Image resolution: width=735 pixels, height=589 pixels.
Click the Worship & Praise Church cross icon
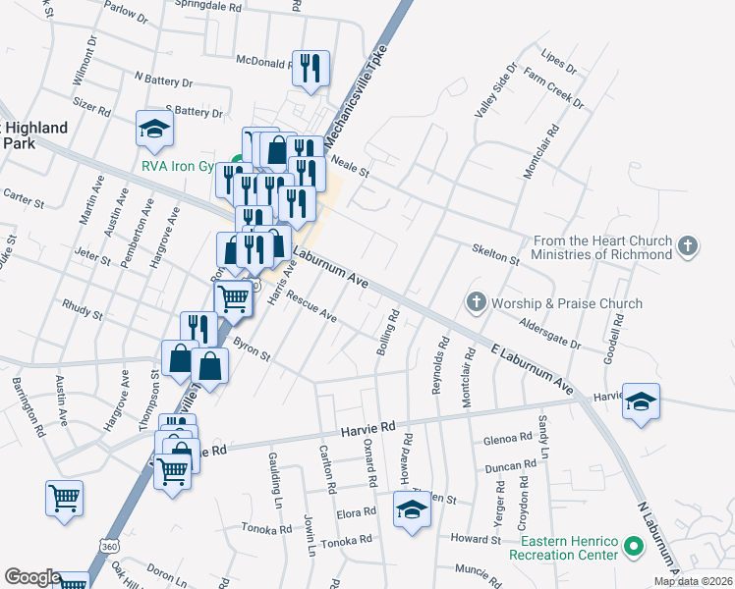477,302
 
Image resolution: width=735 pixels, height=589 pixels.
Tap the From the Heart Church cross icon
688,245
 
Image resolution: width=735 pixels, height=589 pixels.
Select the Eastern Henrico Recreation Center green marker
635,547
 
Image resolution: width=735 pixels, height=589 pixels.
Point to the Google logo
32,577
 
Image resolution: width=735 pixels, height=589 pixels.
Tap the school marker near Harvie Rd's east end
641,402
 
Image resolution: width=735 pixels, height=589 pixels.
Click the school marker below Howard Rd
412,509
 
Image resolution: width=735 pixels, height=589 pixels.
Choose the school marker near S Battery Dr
154,128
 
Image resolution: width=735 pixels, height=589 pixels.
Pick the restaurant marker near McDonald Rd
311,68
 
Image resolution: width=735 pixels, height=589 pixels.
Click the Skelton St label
495,259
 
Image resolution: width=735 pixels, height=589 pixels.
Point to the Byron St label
252,350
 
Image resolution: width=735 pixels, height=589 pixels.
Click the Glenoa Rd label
507,442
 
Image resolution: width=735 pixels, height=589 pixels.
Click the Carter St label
25,199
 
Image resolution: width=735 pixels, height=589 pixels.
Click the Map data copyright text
693,581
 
